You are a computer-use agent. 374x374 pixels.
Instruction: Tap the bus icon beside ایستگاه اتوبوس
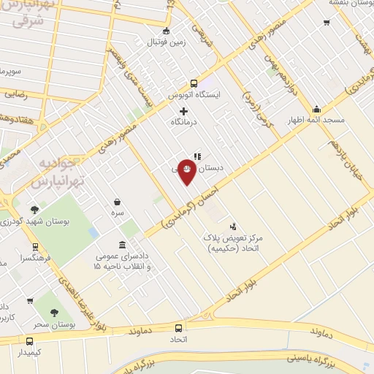(x=194, y=83)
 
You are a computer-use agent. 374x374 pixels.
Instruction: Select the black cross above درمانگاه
(x=183, y=110)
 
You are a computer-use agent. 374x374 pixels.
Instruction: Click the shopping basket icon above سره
(x=117, y=202)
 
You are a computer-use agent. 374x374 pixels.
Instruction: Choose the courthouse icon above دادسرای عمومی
(x=122, y=245)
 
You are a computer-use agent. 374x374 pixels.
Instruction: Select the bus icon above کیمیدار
(x=29, y=341)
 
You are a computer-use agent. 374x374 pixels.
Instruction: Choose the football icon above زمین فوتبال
(x=167, y=31)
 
